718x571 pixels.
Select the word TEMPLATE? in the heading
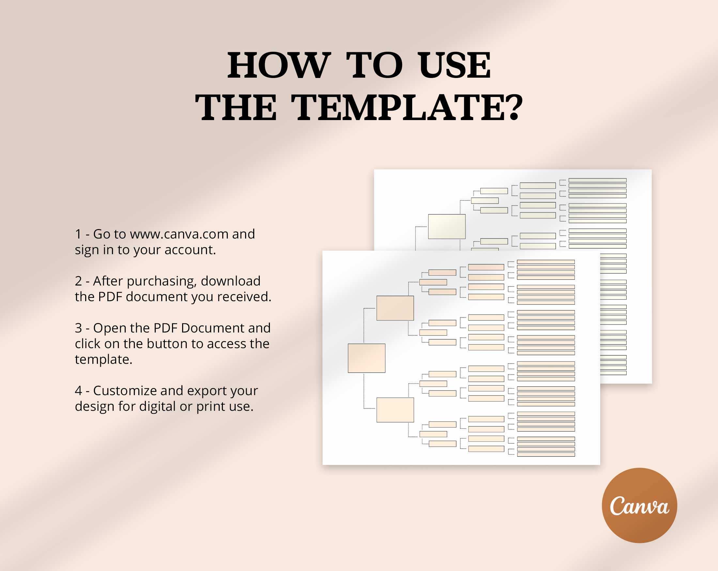click(407, 108)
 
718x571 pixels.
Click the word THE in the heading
click(236, 108)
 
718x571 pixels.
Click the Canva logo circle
click(639, 505)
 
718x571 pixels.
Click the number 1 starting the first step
click(78, 234)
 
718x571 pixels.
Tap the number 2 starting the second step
click(78, 281)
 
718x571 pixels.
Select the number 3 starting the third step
click(78, 328)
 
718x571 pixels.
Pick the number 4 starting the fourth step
click(78, 391)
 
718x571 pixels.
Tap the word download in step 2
click(230, 281)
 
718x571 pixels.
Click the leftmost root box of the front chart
click(366, 358)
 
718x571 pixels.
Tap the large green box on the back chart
click(446, 226)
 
